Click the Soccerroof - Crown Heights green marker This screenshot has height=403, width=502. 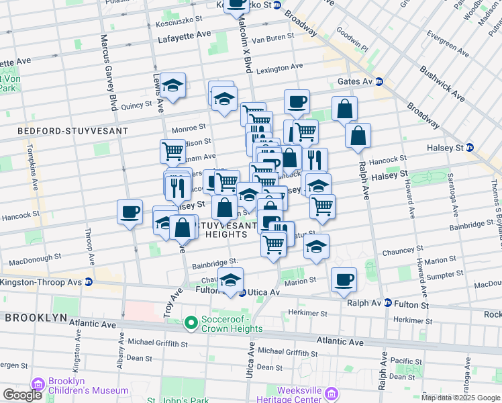[x=191, y=324]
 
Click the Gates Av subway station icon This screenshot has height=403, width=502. [x=379, y=81]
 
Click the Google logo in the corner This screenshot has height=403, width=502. [x=22, y=395]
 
